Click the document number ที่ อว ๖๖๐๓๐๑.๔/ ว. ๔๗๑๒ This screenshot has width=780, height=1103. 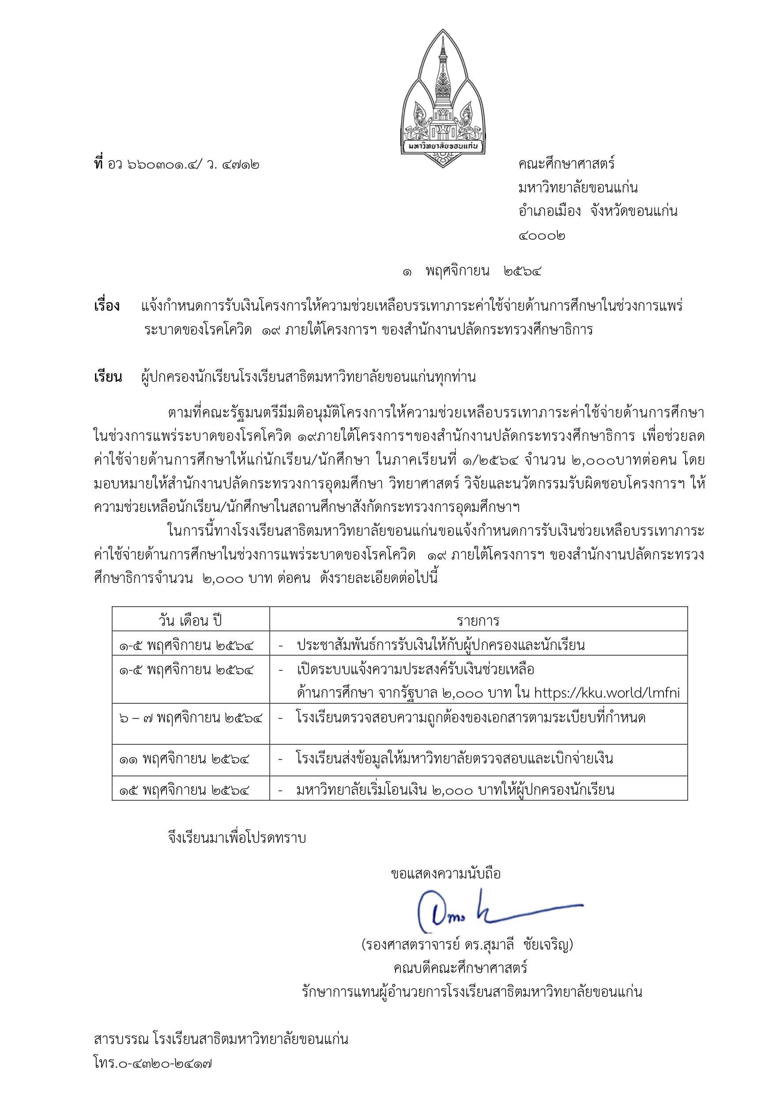[x=177, y=164]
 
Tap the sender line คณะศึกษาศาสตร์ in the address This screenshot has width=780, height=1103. [x=567, y=164]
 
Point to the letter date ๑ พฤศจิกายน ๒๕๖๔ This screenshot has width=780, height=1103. [x=472, y=271]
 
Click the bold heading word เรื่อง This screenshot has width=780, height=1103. [x=107, y=306]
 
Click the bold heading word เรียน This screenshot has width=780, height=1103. [x=108, y=377]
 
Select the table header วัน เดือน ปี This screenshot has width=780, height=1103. [x=190, y=620]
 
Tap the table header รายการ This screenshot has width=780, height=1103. [x=478, y=620]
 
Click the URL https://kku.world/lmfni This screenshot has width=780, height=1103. [x=607, y=693]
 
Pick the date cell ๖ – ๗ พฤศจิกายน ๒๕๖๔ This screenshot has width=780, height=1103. [x=191, y=718]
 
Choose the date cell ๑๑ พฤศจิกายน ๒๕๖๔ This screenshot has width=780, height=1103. [x=184, y=759]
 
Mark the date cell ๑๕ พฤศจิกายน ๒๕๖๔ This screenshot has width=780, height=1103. [x=184, y=790]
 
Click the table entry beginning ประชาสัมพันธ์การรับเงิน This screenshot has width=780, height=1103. [x=440, y=645]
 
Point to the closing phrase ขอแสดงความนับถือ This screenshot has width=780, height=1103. [x=446, y=873]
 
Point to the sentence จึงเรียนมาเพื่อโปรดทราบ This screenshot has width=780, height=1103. [x=237, y=838]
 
